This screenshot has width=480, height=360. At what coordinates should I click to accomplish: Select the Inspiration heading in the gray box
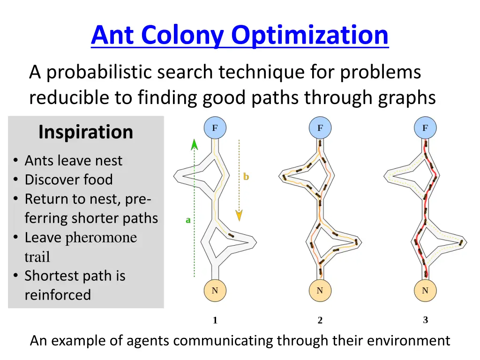tap(86, 132)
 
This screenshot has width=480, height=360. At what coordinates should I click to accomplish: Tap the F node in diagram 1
tap(215, 128)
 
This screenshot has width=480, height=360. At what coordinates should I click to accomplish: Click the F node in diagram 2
tap(320, 128)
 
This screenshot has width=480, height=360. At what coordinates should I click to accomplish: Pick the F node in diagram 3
tap(425, 128)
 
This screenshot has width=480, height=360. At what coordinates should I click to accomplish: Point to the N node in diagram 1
tap(215, 291)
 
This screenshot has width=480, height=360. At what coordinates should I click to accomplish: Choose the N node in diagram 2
tap(320, 291)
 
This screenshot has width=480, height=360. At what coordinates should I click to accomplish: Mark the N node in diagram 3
tap(425, 291)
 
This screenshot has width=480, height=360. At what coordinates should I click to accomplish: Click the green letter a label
tap(188, 220)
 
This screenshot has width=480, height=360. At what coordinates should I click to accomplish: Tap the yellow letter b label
tap(246, 177)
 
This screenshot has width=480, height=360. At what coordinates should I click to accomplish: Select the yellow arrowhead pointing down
tap(239, 215)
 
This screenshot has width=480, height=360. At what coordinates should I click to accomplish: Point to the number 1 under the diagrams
tap(215, 321)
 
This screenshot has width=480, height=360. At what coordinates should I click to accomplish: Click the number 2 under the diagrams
tap(320, 321)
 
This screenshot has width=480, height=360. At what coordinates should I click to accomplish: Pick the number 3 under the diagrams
tap(425, 320)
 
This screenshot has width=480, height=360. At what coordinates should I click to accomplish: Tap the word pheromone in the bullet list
tap(101, 238)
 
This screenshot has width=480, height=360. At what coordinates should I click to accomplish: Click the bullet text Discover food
tap(68, 180)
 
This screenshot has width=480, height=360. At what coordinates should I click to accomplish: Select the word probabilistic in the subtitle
tap(100, 72)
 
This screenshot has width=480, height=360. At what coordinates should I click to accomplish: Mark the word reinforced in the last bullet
tap(58, 295)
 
